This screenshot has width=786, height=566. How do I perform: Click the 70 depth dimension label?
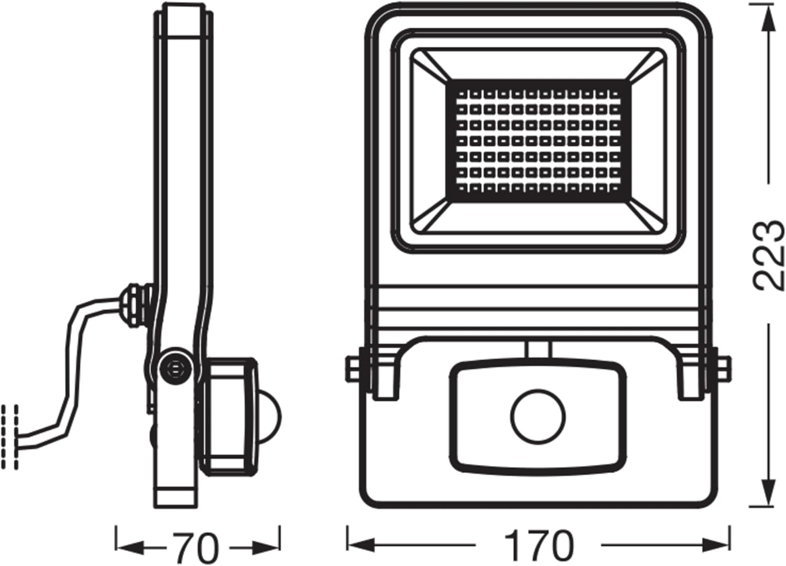tap(195, 548)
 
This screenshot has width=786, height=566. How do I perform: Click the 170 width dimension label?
tap(539, 546)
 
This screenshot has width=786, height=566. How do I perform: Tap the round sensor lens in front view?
tap(538, 417)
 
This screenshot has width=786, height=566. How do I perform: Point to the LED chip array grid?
tap(538, 141)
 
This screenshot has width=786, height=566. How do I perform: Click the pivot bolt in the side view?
tap(173, 367)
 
